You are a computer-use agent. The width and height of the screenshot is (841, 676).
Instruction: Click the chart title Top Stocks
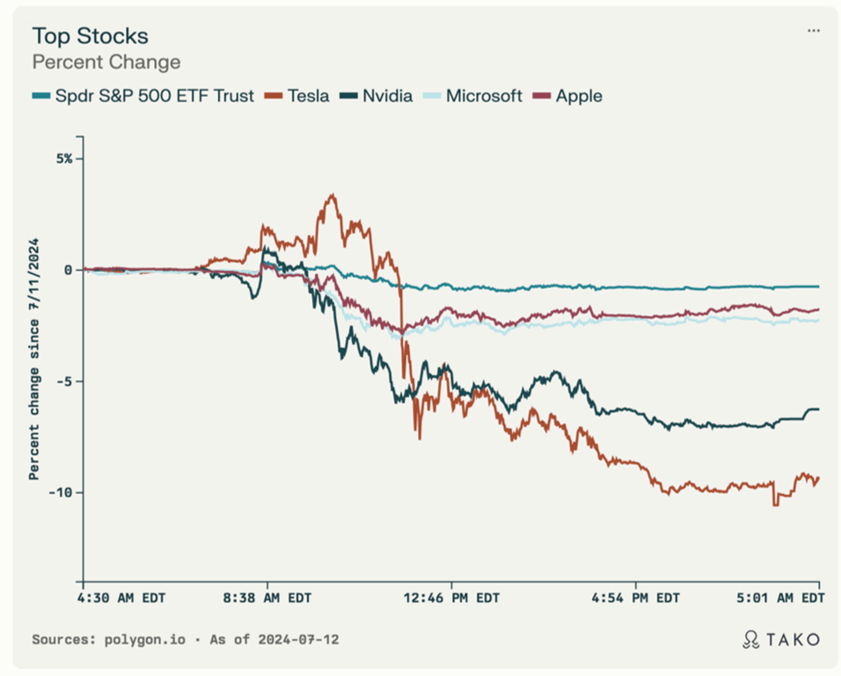90,36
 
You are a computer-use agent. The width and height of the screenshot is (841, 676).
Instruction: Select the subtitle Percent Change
106,62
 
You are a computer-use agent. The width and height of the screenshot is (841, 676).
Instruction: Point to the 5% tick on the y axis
65,158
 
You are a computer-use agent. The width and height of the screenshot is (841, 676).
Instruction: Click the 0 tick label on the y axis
69,269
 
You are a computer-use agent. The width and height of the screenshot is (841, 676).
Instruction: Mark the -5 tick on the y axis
65,381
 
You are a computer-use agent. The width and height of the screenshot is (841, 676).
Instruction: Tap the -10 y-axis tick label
62,492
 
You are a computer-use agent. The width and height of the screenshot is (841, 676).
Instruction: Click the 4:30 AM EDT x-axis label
123,599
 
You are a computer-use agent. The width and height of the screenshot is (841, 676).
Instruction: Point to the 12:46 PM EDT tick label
452,599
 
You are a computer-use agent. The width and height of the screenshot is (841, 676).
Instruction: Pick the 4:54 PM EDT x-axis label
635,599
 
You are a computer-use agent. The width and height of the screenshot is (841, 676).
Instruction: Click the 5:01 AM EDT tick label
779,599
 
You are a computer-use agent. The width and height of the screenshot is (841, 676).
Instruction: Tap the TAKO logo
781,639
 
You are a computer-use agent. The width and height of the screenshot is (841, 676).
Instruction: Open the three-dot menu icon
814,31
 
